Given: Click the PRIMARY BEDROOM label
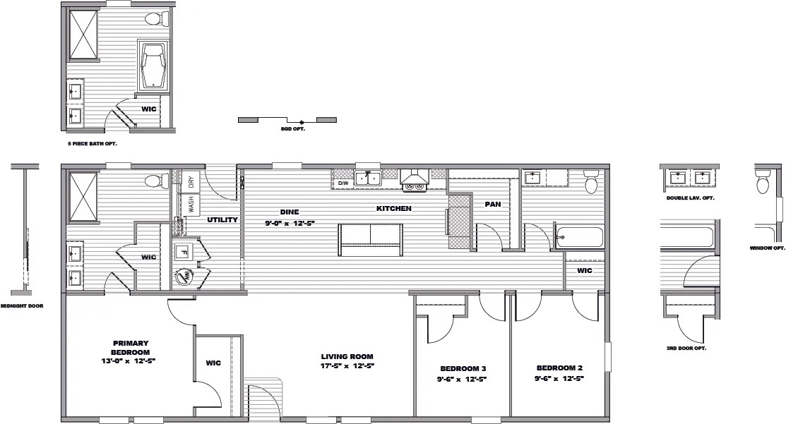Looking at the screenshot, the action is (x=131, y=347).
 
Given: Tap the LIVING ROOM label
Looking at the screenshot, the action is (x=347, y=356).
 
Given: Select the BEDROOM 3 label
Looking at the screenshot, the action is (x=463, y=368).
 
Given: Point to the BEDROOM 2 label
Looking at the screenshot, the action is (x=559, y=368).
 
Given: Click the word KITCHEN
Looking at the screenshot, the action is (x=394, y=208).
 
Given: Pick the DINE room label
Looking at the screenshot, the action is (x=290, y=212).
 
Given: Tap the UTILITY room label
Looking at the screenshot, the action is (x=222, y=219).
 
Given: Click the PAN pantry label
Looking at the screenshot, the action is (x=493, y=205).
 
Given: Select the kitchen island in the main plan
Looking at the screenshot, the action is (x=371, y=240).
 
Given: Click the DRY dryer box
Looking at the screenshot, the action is (x=191, y=182).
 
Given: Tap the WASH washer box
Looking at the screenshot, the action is (x=191, y=205).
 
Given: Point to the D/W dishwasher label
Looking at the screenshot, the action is (x=343, y=183).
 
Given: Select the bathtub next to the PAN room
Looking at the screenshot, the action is (x=580, y=237).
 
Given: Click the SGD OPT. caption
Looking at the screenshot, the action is (x=293, y=128).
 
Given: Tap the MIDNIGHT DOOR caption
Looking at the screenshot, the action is (x=22, y=306).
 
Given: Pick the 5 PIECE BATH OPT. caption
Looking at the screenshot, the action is (x=93, y=144).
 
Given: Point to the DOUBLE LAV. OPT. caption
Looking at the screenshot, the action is (x=690, y=198).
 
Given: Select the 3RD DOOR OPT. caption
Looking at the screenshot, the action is (x=686, y=348).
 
